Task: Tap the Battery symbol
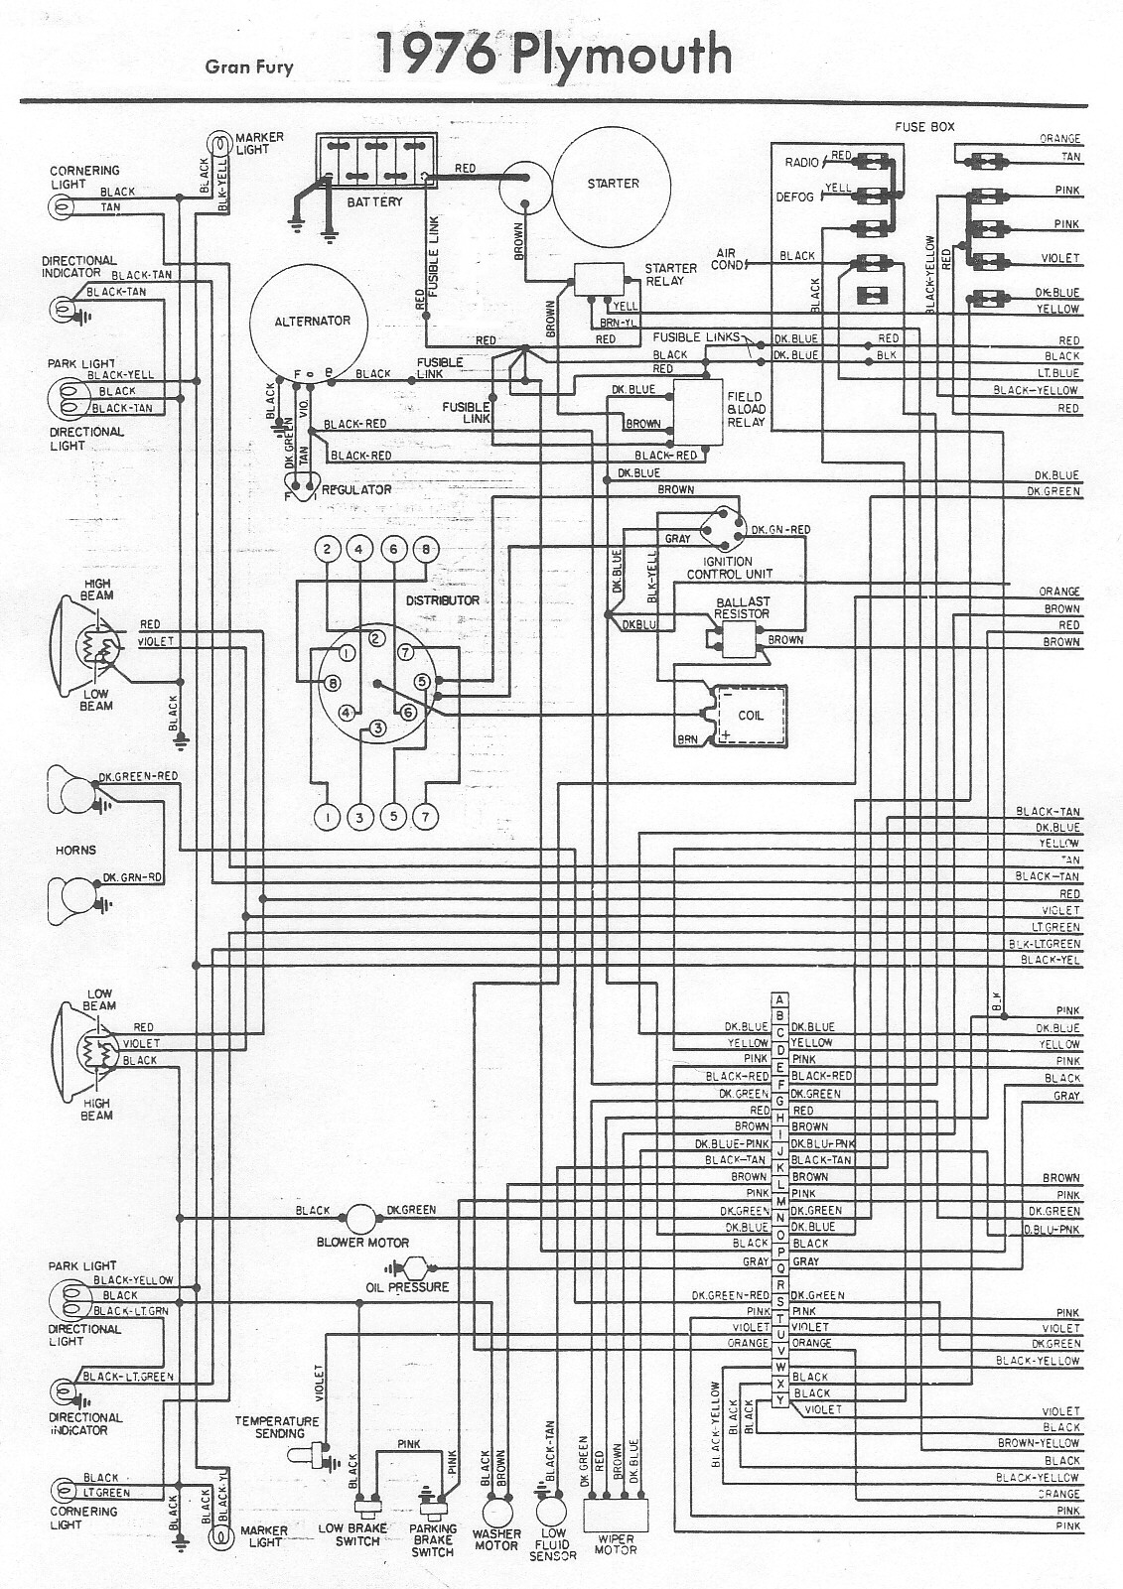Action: pyautogui.click(x=375, y=161)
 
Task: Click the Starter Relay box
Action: pyautogui.click(x=600, y=280)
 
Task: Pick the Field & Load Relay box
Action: pyautogui.click(x=699, y=413)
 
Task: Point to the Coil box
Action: pyautogui.click(x=747, y=716)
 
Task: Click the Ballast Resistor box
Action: pyautogui.click(x=739, y=641)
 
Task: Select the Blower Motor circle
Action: pyautogui.click(x=359, y=1218)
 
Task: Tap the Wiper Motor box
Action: pyautogui.click(x=615, y=1515)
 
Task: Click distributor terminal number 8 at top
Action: pyautogui.click(x=425, y=549)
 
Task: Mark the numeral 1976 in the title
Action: pyautogui.click(x=436, y=55)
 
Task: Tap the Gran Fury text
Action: pyautogui.click(x=249, y=67)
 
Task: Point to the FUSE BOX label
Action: pyautogui.click(x=923, y=127)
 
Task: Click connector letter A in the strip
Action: pyautogui.click(x=780, y=999)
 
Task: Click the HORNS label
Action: pyautogui.click(x=75, y=851)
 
